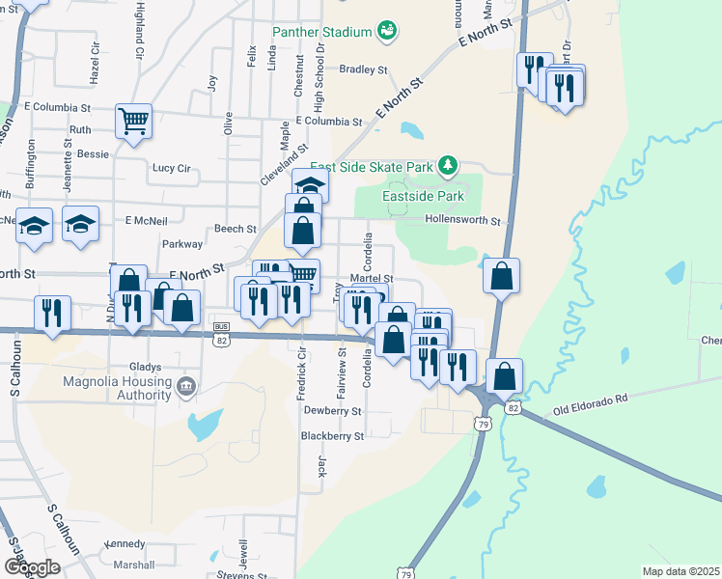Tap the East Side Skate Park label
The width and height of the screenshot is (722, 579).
[x=371, y=167]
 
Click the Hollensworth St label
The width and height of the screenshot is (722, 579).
[x=463, y=221]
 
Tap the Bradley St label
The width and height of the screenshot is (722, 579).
[x=363, y=69]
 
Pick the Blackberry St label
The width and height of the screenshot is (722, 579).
[x=332, y=435]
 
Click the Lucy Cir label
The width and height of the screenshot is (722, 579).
[x=171, y=168]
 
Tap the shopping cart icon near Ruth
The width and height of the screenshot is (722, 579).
[x=133, y=121]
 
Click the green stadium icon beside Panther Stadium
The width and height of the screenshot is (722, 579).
[x=386, y=32]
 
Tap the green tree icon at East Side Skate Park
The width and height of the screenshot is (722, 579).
[x=447, y=167]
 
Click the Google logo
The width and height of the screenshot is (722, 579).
[x=32, y=567]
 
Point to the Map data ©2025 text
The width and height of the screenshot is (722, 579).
[x=680, y=571]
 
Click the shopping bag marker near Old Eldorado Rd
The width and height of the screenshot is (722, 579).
[x=504, y=375]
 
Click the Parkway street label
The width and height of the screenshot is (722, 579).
[x=182, y=244]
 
